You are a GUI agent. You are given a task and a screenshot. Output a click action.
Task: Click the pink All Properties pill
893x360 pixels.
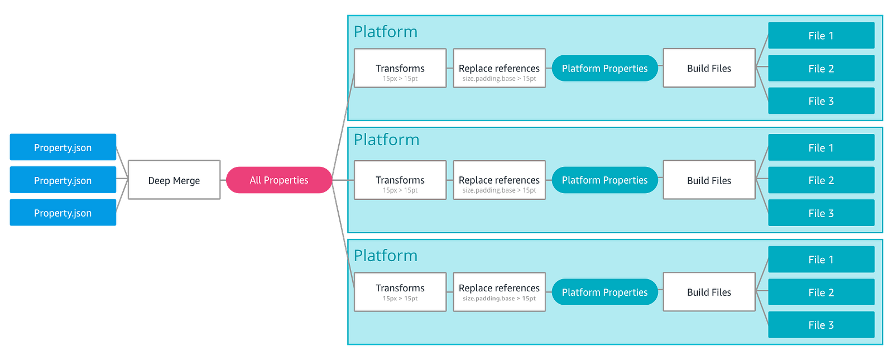[279, 180]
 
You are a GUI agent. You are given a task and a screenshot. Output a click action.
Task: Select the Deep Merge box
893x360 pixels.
[174, 180]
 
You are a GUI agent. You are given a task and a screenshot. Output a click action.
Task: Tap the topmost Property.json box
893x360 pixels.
[63, 147]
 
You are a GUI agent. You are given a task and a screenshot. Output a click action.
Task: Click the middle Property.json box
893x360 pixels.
[63, 180]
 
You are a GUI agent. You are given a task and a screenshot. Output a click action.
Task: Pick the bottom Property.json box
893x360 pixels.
[63, 213]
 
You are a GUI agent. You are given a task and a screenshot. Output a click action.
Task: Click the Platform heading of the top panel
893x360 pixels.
[386, 32]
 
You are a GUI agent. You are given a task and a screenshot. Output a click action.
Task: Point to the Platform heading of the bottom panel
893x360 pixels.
[386, 256]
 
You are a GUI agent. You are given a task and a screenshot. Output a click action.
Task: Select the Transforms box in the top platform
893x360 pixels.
[400, 68]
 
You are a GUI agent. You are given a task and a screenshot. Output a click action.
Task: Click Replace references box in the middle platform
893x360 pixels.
[500, 180]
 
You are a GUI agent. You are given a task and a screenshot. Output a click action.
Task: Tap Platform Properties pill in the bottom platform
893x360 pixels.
[605, 292]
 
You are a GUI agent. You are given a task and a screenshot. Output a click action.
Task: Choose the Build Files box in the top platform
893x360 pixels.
[709, 68]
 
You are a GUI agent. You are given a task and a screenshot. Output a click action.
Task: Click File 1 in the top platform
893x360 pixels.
[821, 36]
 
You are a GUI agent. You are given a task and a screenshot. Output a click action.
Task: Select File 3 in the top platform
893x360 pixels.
[821, 101]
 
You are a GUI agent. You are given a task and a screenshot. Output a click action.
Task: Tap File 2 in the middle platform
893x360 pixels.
[821, 180]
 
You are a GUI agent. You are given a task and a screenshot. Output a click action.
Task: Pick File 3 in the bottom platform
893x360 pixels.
[821, 324]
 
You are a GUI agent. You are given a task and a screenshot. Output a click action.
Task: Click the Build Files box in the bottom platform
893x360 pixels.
[709, 292]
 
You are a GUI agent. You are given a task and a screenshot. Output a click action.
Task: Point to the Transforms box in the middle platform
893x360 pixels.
[400, 180]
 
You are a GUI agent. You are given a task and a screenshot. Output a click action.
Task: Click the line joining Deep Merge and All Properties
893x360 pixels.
[223, 180]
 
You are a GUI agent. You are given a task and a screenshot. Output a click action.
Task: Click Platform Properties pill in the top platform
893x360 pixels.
[605, 68]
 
